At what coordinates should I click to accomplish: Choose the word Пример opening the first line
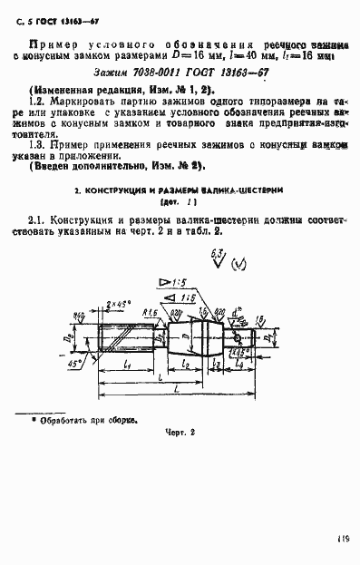pos(53,44)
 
